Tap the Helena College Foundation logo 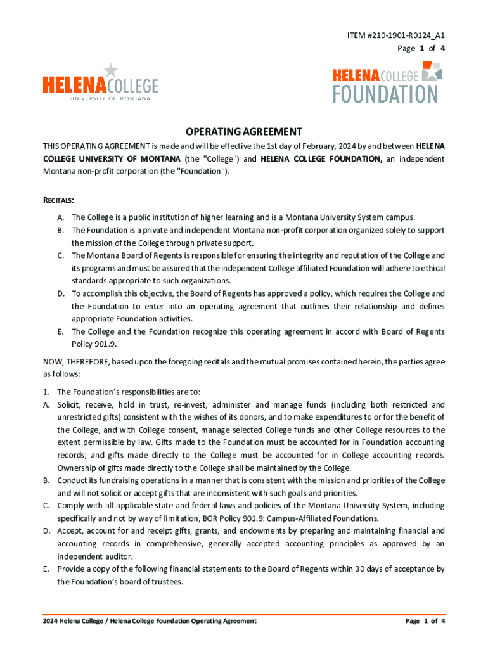(387, 82)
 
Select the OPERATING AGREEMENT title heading (243, 132)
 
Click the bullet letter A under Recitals (60, 217)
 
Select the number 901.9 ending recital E (108, 344)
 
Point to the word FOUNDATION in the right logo (385, 94)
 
